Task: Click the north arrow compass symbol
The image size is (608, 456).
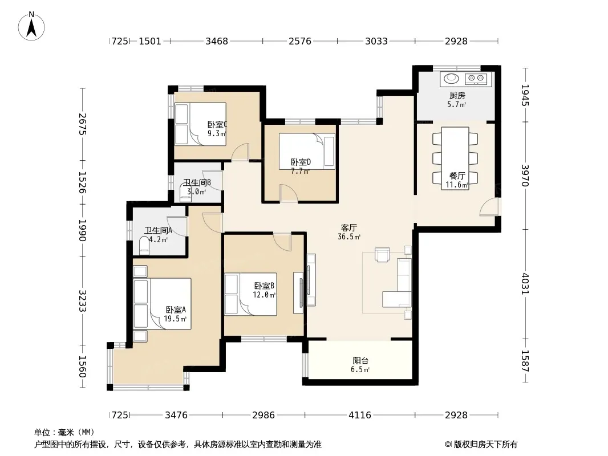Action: (31, 26)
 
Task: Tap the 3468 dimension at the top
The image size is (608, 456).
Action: (216, 41)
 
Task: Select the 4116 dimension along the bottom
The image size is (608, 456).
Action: (360, 415)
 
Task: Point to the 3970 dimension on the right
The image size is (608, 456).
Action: (525, 176)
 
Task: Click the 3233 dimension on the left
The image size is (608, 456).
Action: (82, 300)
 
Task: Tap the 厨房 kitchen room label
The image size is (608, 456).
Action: (457, 95)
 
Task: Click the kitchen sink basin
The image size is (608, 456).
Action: (451, 79)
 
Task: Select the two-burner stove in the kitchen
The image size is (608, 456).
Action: (476, 79)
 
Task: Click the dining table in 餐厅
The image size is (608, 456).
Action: (455, 158)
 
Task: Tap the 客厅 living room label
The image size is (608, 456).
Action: (349, 227)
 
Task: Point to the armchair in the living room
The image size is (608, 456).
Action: (382, 255)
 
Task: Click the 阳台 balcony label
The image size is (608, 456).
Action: (360, 361)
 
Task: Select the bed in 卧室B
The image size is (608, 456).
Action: (250, 294)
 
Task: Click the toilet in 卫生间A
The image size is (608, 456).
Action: (144, 246)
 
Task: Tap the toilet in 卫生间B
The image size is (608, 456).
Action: (186, 193)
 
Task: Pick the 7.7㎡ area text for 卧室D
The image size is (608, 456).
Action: (300, 171)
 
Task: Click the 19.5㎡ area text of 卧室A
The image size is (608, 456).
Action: (175, 319)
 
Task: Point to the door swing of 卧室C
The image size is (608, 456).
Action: (241, 152)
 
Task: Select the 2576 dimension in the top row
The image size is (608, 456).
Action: (300, 41)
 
